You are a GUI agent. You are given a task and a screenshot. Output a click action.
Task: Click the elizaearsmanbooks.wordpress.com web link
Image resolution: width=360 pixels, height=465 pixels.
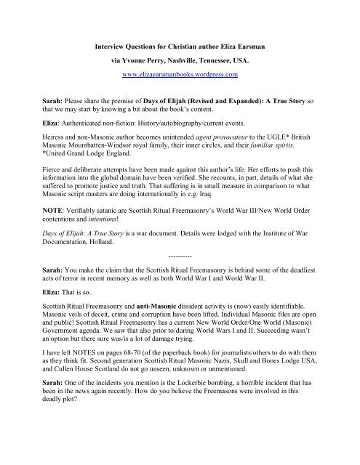click(x=180, y=54)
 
